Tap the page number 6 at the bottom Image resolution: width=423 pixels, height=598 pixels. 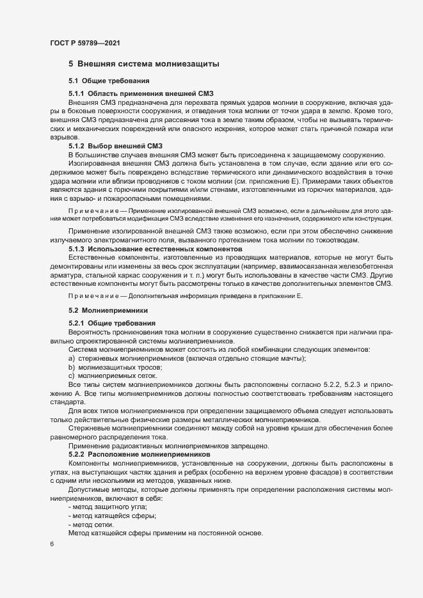click(x=51, y=544)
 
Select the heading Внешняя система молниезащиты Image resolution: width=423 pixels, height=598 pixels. click(x=148, y=64)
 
